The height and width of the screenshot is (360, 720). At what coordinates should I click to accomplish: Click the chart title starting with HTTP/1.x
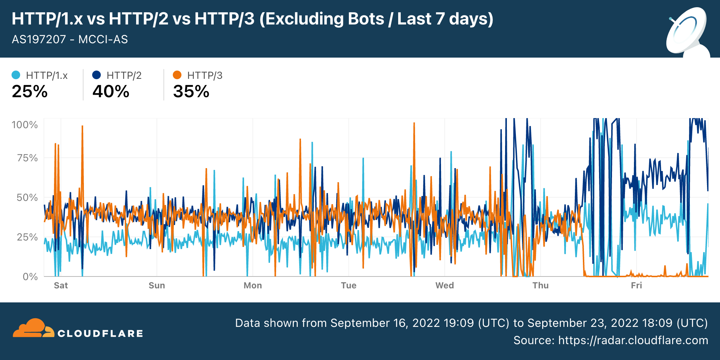252,19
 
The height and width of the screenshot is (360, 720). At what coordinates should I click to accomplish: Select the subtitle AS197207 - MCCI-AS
70,39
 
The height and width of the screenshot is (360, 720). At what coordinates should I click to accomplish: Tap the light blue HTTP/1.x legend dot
16,75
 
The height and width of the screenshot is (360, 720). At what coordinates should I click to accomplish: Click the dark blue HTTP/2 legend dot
96,75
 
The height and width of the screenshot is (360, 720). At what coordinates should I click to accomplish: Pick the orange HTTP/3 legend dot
177,75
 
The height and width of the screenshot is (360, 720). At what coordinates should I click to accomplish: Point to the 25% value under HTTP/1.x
30,91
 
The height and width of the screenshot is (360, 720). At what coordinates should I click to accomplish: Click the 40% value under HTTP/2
111,91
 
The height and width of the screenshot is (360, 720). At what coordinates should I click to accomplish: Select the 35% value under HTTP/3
191,91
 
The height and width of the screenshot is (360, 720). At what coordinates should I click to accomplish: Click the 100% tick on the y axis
24,125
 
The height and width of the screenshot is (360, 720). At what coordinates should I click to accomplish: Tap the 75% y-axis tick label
27,158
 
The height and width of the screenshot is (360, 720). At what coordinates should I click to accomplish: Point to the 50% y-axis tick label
27,198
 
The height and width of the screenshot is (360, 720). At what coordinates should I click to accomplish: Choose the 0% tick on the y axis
30,277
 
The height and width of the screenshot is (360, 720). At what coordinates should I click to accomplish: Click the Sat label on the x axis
61,285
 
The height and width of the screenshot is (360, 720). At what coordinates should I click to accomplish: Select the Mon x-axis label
253,285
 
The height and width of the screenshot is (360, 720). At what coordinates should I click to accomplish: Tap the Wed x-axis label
445,285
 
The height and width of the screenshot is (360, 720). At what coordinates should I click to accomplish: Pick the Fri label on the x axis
636,285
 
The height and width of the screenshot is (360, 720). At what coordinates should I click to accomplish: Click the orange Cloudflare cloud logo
33,328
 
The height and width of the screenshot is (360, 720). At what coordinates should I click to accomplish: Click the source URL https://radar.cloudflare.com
633,340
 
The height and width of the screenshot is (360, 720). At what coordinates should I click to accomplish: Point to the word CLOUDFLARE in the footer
100,334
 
